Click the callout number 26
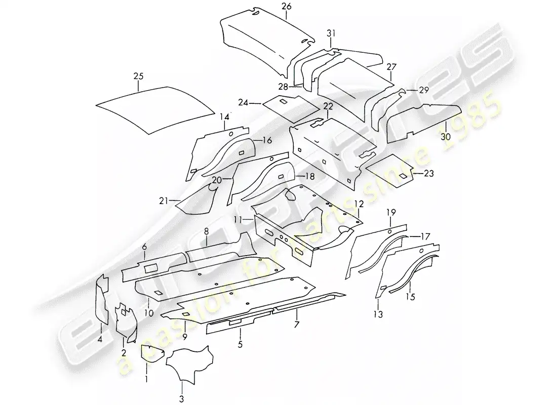[286, 7]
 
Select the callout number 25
[138, 76]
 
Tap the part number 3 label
[181, 400]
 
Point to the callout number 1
[147, 378]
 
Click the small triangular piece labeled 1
[148, 353]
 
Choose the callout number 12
[359, 204]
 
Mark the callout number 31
[331, 33]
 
